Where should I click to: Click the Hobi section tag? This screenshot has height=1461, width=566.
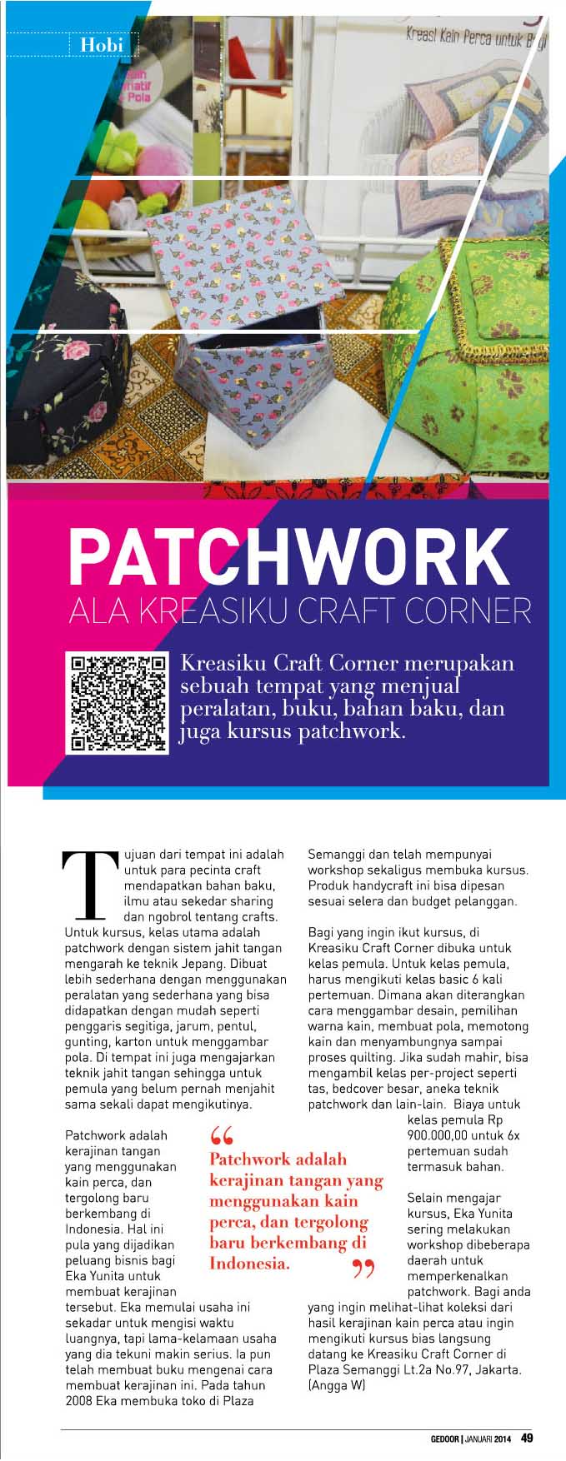pyautogui.click(x=102, y=44)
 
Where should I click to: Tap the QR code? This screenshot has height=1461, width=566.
pyautogui.click(x=117, y=704)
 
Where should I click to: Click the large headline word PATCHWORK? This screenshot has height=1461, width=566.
pyautogui.click(x=288, y=556)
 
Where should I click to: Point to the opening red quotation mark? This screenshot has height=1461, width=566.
pyautogui.click(x=221, y=1135)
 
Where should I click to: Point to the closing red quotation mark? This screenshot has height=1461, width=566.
pyautogui.click(x=363, y=1269)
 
